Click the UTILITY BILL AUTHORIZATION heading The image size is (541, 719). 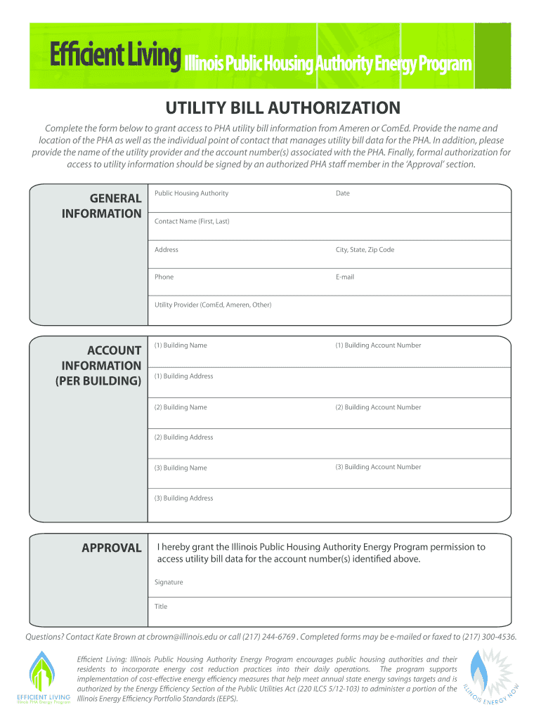click(x=282, y=107)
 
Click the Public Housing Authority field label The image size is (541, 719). click(x=191, y=193)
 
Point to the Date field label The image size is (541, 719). click(x=342, y=193)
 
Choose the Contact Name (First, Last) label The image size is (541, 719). click(x=192, y=221)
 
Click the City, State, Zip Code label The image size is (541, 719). click(x=365, y=249)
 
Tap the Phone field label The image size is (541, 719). click(x=164, y=277)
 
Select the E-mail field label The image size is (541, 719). click(x=344, y=277)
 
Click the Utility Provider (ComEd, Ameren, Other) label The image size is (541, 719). click(x=213, y=305)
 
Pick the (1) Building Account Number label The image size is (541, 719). click(x=378, y=345)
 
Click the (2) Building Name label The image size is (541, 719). click(x=181, y=407)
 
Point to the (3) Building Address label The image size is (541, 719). click(x=183, y=499)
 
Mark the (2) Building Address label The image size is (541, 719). click(x=183, y=437)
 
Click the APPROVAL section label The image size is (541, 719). click(x=112, y=548)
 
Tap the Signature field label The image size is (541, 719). click(x=169, y=582)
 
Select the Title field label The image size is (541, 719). click(x=161, y=607)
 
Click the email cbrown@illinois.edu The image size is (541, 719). click(x=182, y=637)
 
